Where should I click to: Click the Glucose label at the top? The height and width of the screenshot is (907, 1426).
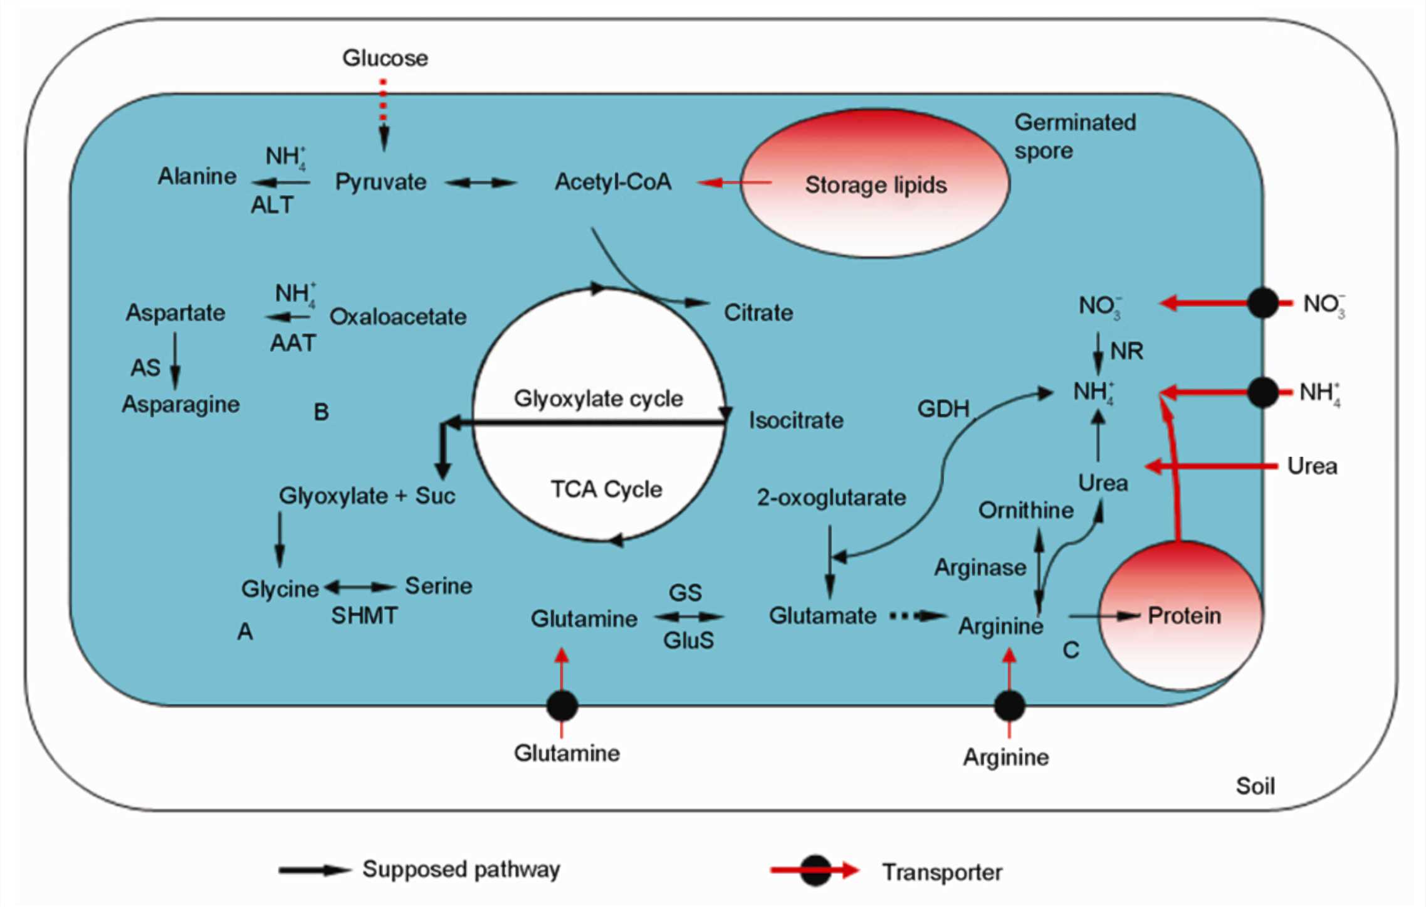tap(385, 58)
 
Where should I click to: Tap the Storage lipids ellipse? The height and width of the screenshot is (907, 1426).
tap(875, 184)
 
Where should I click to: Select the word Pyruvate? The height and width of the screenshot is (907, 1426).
tap(380, 183)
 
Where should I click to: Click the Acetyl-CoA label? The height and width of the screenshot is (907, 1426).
tap(612, 182)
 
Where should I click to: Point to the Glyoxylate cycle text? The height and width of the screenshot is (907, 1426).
tap(598, 398)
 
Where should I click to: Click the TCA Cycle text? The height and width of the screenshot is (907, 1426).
tap(606, 489)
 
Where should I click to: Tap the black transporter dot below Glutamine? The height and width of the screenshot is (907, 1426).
tap(562, 705)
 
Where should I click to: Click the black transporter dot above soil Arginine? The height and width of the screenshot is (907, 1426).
tap(1009, 706)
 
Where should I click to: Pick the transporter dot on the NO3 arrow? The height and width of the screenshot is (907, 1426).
tap(1262, 303)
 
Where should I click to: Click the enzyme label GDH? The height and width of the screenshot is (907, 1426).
tap(943, 409)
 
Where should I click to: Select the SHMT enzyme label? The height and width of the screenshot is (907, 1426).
tap(364, 615)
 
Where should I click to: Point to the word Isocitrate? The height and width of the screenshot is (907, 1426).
tap(796, 420)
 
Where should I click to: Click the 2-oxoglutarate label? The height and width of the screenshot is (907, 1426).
tap(831, 498)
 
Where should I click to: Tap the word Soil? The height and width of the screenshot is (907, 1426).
tap(1255, 786)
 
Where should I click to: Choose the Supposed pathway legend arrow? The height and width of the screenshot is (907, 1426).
tap(314, 870)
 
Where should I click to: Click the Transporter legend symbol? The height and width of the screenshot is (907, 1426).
tap(815, 871)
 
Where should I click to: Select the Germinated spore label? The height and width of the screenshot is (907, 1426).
tap(1074, 136)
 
